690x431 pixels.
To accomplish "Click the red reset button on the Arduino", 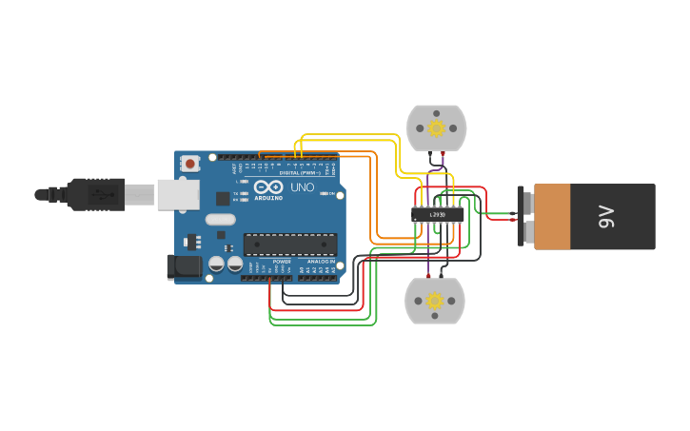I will point(189,164).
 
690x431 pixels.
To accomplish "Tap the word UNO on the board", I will point(302,187).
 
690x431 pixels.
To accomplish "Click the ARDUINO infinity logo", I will point(268,187).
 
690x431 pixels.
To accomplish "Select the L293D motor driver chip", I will point(438,215).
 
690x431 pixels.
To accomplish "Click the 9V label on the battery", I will point(606,217).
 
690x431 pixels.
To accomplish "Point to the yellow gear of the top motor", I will point(437,128).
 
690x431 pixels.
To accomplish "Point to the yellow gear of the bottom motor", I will point(435,301).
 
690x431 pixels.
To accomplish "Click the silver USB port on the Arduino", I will point(178,194).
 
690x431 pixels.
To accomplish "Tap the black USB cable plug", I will point(96,194).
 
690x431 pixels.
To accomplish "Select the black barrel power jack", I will point(186,267).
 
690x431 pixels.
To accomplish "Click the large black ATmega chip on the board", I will point(289,245).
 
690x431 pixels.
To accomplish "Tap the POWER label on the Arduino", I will point(282,261).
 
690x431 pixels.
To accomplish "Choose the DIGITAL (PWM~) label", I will point(299,172).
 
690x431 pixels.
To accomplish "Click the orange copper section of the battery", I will point(552,217).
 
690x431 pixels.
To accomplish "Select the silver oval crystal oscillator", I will point(220,220).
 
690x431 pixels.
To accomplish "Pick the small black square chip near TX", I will point(223,198).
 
